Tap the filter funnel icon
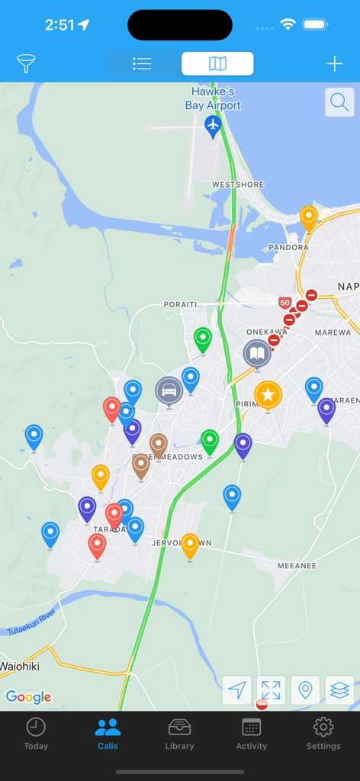coord(27,64)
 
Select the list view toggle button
coord(142,64)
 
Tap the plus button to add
coord(334,64)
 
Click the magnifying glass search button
coord(339,101)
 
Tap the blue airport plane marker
coord(213,125)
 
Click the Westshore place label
coord(238,185)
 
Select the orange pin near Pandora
coord(308,218)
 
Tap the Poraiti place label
coord(180,304)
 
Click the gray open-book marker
coord(257,354)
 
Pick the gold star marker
coord(268,394)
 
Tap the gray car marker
coord(169,390)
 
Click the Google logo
coord(28,696)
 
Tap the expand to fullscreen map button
coord(271,690)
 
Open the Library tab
coord(179,734)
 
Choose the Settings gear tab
coord(323,734)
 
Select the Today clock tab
coord(36,734)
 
